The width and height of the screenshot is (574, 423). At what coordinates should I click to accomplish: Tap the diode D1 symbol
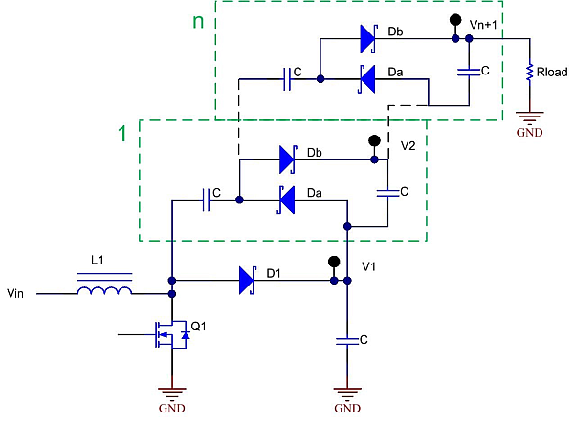pos(247,280)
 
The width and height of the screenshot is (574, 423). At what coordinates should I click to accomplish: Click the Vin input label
pos(19,294)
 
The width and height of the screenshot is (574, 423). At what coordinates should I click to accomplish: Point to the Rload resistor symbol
pos(527,74)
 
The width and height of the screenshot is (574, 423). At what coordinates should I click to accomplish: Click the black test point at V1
pos(334,262)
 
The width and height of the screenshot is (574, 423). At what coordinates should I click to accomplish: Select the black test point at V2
pos(375,140)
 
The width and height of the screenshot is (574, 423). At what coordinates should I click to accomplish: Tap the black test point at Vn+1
pos(453,19)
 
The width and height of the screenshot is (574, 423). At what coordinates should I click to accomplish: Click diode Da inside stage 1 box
pos(285,200)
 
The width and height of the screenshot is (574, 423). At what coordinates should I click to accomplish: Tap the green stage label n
pos(198,21)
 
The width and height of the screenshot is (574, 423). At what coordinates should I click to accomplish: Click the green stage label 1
pos(121,136)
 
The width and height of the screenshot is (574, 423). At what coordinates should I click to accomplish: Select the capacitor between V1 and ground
pos(347,340)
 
